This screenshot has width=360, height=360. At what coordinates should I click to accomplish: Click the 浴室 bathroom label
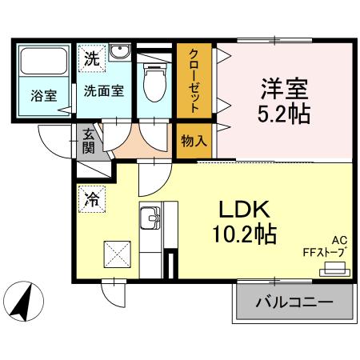pos(44,96)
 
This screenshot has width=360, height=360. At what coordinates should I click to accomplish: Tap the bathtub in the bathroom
pos(43,62)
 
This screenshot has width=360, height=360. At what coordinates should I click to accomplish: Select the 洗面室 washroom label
pos(104,90)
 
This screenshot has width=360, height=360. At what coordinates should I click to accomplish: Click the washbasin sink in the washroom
pos(120,51)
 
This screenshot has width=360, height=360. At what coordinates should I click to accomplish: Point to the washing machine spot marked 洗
pos(92,58)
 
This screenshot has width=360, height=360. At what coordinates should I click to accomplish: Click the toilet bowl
pos(154,82)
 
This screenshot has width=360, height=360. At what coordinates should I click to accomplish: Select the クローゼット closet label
pos(194,81)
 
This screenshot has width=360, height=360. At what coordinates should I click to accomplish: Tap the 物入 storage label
pos(194,141)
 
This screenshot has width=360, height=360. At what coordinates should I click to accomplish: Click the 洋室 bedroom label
pos(284,89)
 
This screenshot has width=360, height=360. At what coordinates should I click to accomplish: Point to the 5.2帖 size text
pos(284,114)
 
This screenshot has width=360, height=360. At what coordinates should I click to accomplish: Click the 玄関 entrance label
pos(88,142)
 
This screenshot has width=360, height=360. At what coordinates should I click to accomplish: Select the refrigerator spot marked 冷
pos(92,199)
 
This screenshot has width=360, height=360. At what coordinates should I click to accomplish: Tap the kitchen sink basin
pos(150,218)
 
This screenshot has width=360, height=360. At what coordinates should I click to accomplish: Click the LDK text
pos(244,210)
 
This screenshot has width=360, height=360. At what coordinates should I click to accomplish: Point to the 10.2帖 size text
pos(244,234)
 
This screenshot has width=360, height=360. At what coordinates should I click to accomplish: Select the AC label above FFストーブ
pos(339,241)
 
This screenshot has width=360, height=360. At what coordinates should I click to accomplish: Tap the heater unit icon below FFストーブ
pos(334,270)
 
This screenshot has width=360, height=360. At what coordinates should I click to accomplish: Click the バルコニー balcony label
pos(294,302)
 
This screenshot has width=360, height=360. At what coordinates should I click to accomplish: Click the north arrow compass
pos(23,302)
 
